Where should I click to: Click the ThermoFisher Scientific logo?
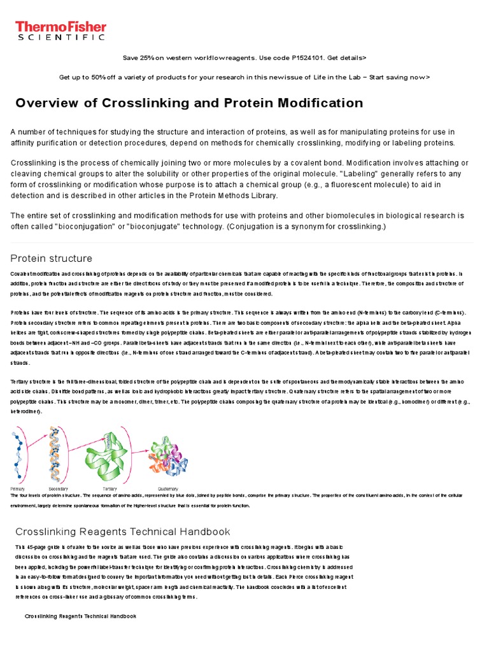click(x=60, y=30)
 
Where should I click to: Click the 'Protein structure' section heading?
click(x=52, y=258)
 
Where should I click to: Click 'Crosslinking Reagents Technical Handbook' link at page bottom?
click(x=80, y=616)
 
